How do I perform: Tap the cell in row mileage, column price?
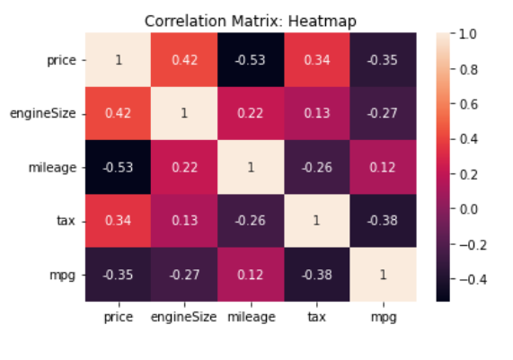click(x=119, y=168)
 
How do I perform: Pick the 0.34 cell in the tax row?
click(x=119, y=221)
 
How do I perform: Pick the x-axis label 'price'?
click(x=119, y=316)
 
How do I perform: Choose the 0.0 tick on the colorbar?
click(x=467, y=208)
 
